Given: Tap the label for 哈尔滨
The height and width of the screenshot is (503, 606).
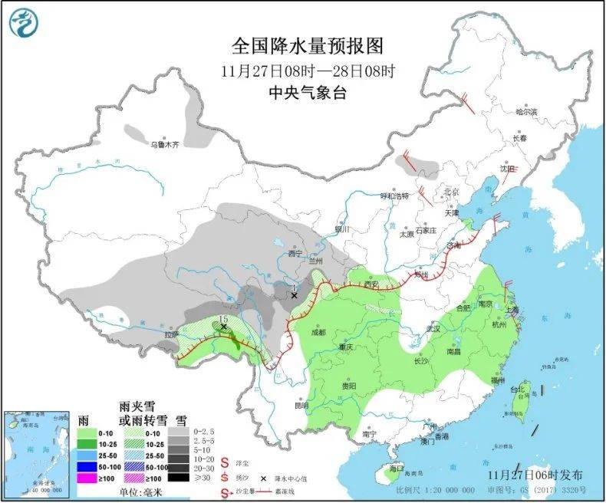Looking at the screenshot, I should tap(527, 112).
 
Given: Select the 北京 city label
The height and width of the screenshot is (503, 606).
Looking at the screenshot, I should tap(450, 192).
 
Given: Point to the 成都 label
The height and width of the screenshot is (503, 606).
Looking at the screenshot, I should tap(318, 332).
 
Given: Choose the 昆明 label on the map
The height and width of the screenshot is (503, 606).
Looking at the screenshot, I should tap(301, 405).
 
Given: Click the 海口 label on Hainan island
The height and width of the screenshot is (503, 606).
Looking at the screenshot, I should tap(396, 468).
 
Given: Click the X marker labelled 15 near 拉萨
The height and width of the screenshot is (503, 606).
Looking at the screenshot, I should tap(224, 327).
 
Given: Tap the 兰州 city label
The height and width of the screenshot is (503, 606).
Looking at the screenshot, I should tap(315, 261).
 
